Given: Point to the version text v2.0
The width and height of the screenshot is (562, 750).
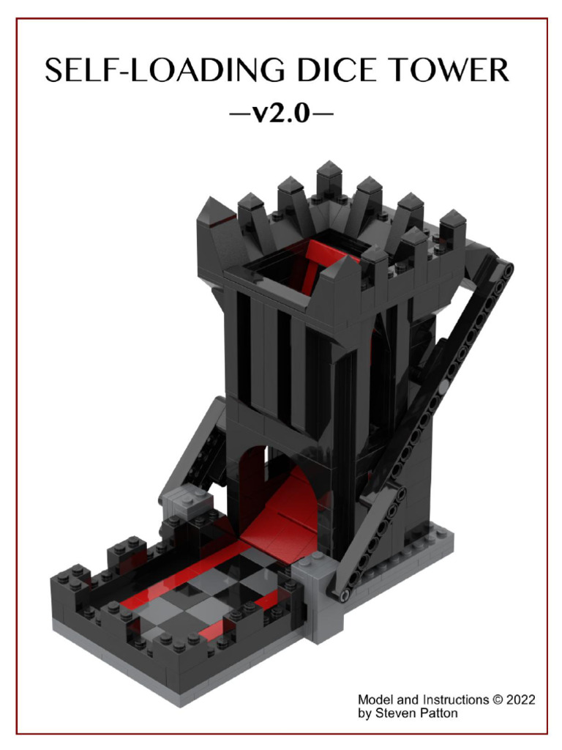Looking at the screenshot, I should [x=281, y=113].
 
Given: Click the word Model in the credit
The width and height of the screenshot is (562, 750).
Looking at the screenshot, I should [x=375, y=700].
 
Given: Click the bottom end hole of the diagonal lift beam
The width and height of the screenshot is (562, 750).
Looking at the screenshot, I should [x=339, y=592].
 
